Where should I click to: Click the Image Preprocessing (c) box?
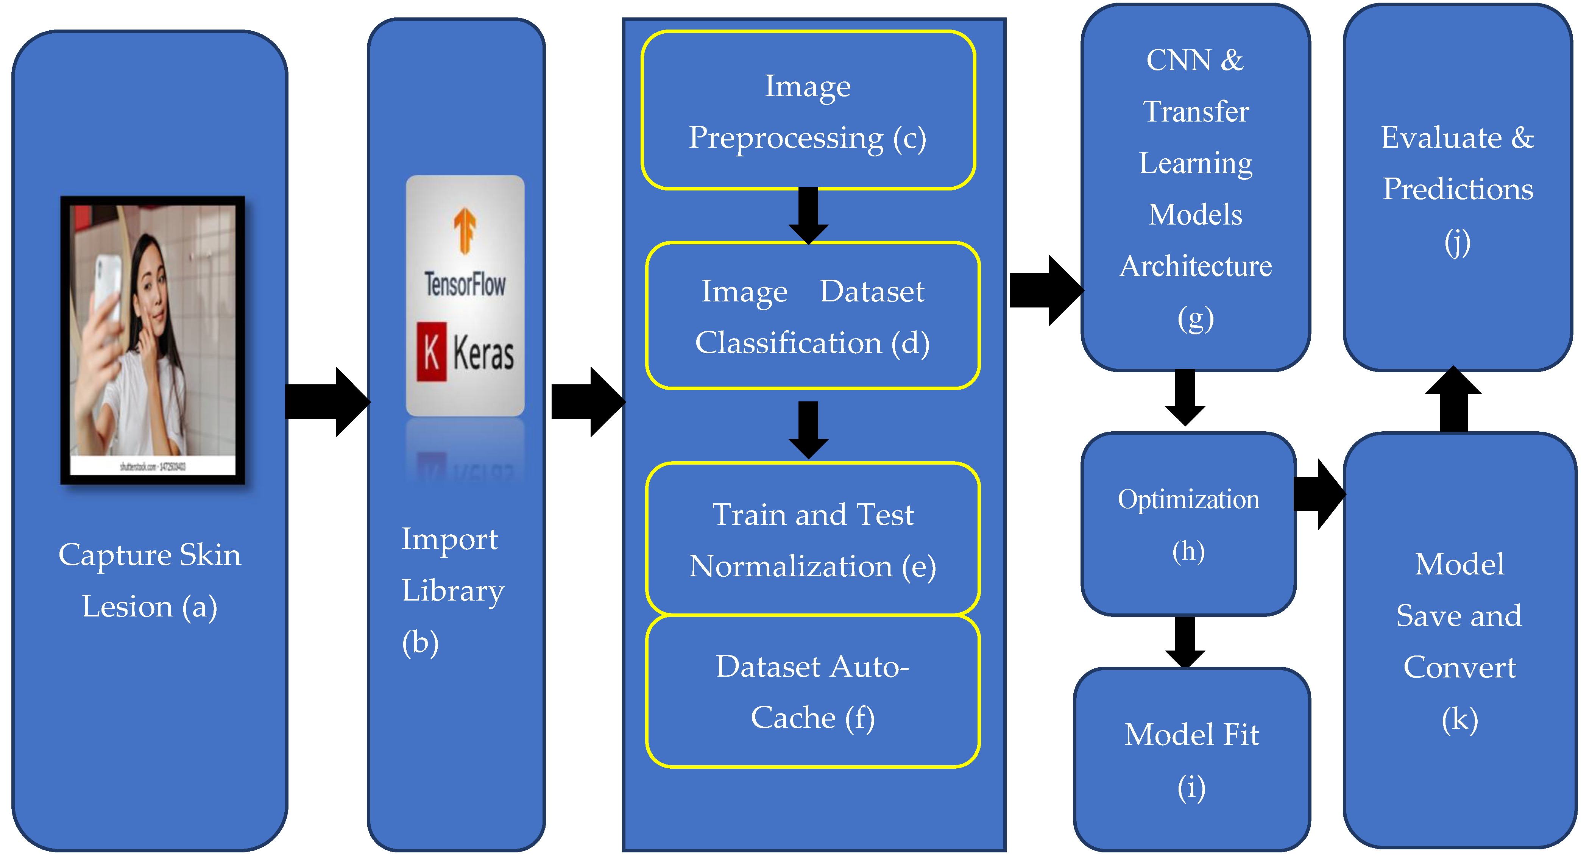click(x=808, y=110)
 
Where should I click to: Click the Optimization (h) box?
click(x=1188, y=524)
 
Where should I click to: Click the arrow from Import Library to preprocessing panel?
click(x=587, y=402)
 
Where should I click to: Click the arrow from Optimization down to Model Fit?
click(x=1185, y=641)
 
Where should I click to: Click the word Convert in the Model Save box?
click(x=1459, y=667)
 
